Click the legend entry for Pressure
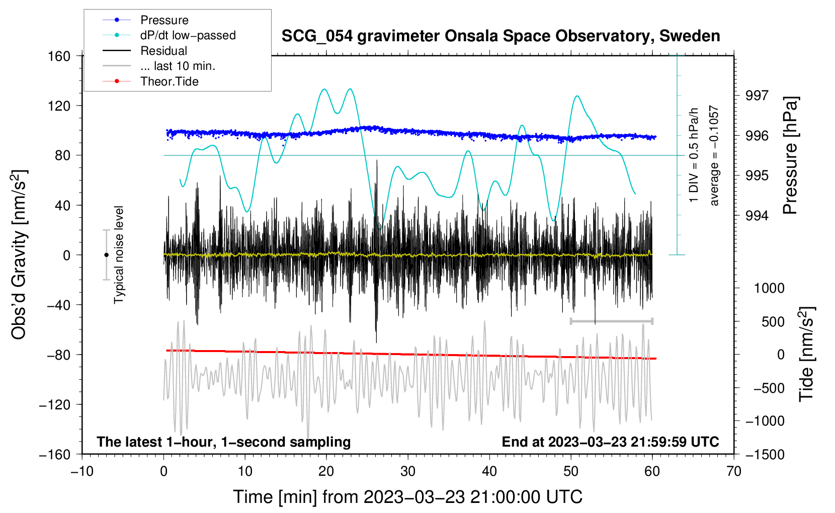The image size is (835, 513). (x=146, y=20)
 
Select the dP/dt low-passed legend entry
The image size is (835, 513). (x=169, y=35)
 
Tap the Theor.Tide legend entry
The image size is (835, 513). (x=150, y=81)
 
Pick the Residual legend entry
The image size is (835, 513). (x=145, y=51)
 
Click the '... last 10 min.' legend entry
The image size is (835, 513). (x=159, y=66)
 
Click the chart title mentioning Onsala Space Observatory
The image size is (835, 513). (x=500, y=36)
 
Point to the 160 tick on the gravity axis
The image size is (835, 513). (x=59, y=56)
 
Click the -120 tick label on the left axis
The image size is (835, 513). (x=55, y=404)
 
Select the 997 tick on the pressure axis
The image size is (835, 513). (x=757, y=96)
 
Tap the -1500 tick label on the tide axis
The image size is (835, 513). (x=765, y=455)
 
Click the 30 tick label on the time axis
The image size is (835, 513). (x=408, y=472)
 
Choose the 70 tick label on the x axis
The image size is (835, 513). (x=734, y=472)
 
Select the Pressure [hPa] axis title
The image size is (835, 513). (x=791, y=155)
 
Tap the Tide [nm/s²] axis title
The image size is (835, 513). (x=806, y=355)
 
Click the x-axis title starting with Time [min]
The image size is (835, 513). (x=408, y=497)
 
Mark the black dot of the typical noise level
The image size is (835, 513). (x=106, y=255)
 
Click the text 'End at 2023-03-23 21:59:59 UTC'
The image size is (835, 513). (x=610, y=442)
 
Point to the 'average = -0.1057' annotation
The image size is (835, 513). (x=714, y=155)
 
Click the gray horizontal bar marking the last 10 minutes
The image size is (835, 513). (x=611, y=321)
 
